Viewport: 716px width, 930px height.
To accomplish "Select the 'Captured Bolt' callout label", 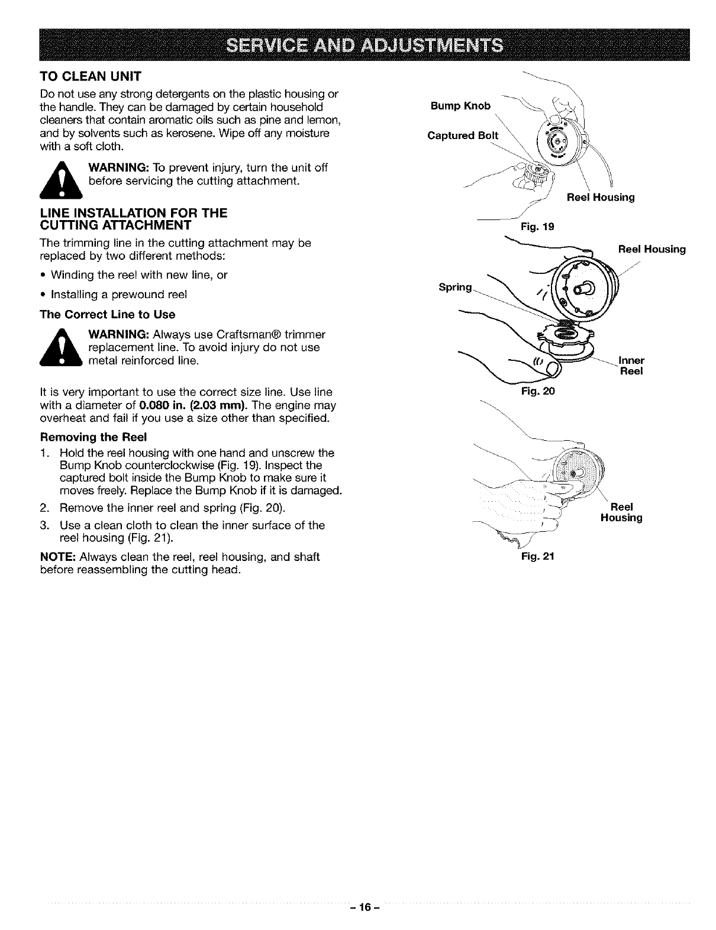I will [x=463, y=135].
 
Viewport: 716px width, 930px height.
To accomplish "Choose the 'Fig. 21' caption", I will [x=534, y=556].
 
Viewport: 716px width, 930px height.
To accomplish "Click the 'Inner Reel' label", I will [x=631, y=366].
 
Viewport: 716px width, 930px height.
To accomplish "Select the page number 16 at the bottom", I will [x=359, y=905].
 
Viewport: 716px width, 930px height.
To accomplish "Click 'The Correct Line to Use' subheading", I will [x=107, y=314].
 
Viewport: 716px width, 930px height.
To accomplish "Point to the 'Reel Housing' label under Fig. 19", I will [x=601, y=198].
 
